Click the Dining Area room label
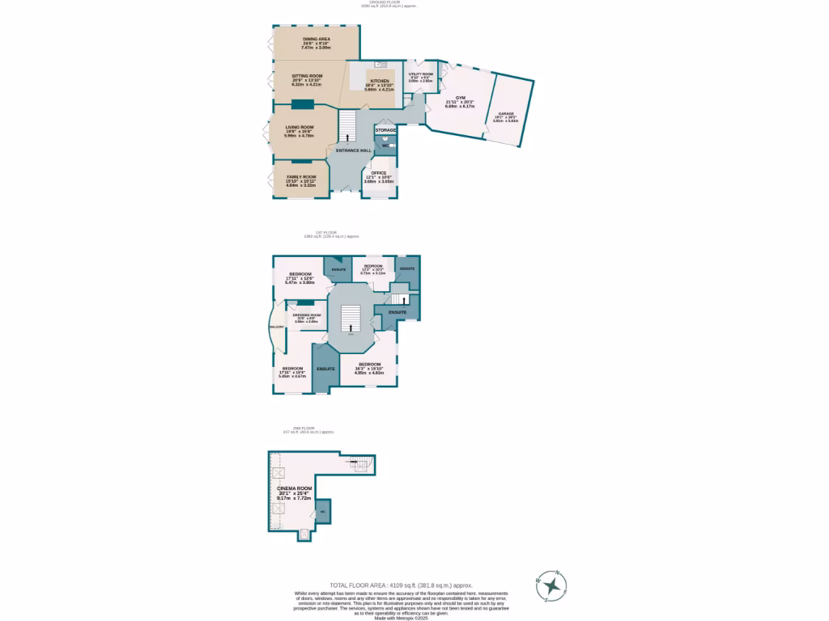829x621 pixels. [x=316, y=38]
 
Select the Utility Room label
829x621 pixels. [x=420, y=74]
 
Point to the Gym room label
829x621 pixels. [x=460, y=98]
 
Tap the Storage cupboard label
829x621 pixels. [x=385, y=130]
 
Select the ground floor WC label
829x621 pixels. [x=385, y=146]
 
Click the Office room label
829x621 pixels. [x=378, y=172]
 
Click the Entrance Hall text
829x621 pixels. [x=354, y=151]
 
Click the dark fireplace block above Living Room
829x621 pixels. [x=304, y=103]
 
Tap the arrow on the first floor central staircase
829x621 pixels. [x=351, y=327]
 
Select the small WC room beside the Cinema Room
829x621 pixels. [x=322, y=511]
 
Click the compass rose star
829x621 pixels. [x=551, y=584]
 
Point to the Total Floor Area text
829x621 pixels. [x=401, y=585]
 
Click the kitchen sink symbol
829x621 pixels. [x=377, y=64]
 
